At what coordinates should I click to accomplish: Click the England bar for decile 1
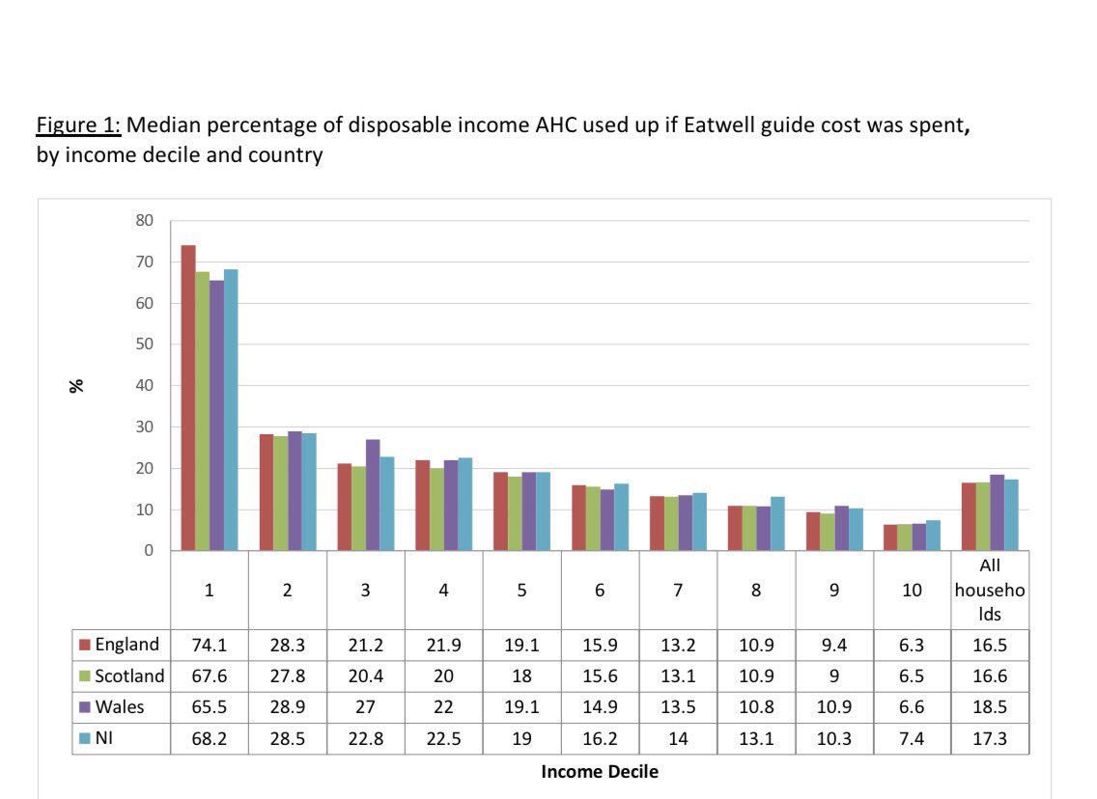[188, 398]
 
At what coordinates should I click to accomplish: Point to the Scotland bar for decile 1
[202, 411]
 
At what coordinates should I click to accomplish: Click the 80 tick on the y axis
[144, 220]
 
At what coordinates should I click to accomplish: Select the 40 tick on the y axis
[144, 385]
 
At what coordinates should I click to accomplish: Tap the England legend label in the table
[127, 645]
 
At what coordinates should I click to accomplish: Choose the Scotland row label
[129, 675]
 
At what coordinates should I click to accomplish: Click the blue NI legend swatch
[84, 738]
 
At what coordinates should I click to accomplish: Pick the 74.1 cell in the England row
[210, 645]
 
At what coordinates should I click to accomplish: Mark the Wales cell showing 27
[365, 707]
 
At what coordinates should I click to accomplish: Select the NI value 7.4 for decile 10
[912, 738]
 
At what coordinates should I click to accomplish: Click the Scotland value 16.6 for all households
[990, 675]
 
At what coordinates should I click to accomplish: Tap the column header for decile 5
[521, 591]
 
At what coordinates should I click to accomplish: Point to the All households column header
[990, 591]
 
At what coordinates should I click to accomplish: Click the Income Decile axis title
[599, 771]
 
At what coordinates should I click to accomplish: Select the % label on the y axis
[76, 385]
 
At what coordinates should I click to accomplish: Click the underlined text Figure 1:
[78, 125]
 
